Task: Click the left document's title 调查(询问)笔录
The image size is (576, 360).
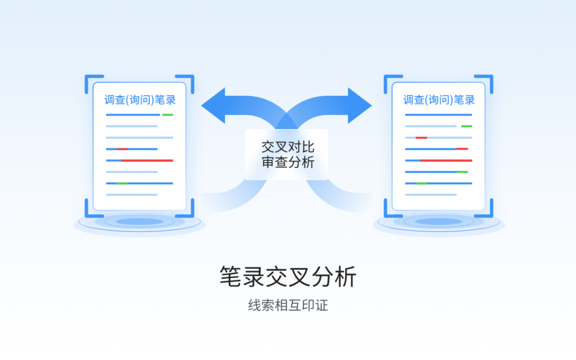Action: tap(140, 100)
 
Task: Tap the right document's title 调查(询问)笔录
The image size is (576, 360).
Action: tap(438, 100)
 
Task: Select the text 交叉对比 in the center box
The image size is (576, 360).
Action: tap(287, 147)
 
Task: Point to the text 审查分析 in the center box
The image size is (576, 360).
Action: tap(287, 163)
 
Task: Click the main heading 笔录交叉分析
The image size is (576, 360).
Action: tap(288, 277)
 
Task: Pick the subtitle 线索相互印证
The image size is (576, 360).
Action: tap(288, 306)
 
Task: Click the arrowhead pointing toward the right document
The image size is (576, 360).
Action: tap(360, 106)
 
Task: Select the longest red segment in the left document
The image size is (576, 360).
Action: tap(147, 161)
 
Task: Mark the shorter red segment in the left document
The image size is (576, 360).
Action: tap(122, 149)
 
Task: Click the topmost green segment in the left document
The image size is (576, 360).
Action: tap(167, 115)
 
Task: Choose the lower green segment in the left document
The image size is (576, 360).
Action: tap(122, 183)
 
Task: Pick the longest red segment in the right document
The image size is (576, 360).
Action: tap(446, 161)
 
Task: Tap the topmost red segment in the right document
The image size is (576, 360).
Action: tap(421, 138)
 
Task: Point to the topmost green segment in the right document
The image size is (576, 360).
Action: tap(467, 126)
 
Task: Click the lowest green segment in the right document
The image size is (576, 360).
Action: tap(421, 183)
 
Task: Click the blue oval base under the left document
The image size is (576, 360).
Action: tap(139, 222)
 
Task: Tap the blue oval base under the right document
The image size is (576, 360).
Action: tap(438, 222)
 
